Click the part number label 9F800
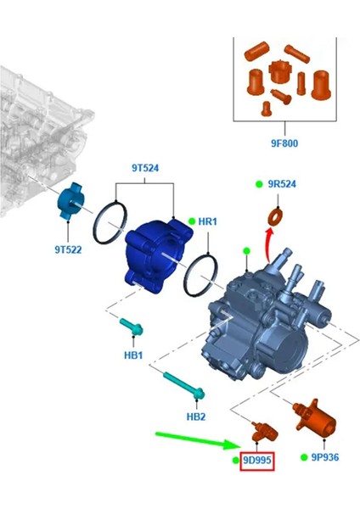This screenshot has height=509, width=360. (x=284, y=143)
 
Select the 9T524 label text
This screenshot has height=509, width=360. (x=145, y=168)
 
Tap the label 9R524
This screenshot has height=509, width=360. (x=283, y=185)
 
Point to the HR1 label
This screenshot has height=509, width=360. (x=208, y=221)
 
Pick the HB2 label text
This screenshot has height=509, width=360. (x=196, y=417)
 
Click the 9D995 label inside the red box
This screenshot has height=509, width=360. (x=256, y=460)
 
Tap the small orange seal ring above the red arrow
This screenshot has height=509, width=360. (x=276, y=214)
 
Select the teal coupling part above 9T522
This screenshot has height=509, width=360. (x=68, y=201)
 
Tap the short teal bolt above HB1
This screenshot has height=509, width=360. (x=132, y=326)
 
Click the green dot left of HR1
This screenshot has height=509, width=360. (x=192, y=221)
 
